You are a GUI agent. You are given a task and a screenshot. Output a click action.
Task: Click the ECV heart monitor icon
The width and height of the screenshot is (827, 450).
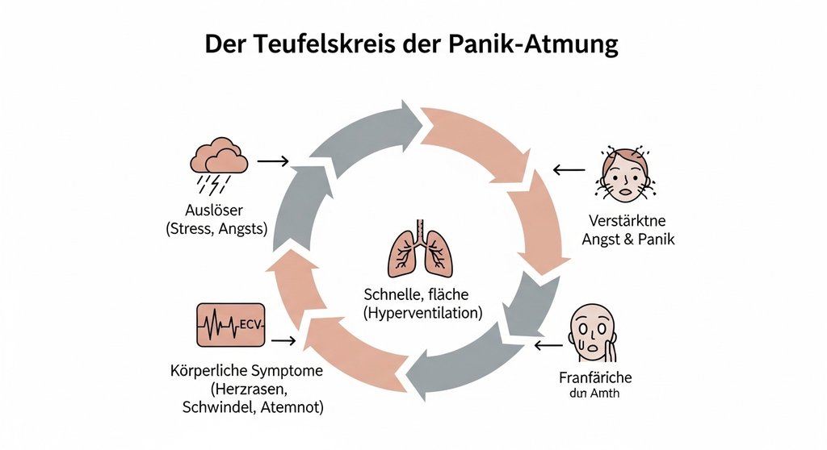(x=231, y=325)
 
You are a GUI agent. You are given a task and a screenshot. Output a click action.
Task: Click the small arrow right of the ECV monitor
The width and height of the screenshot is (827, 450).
(x=283, y=341)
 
